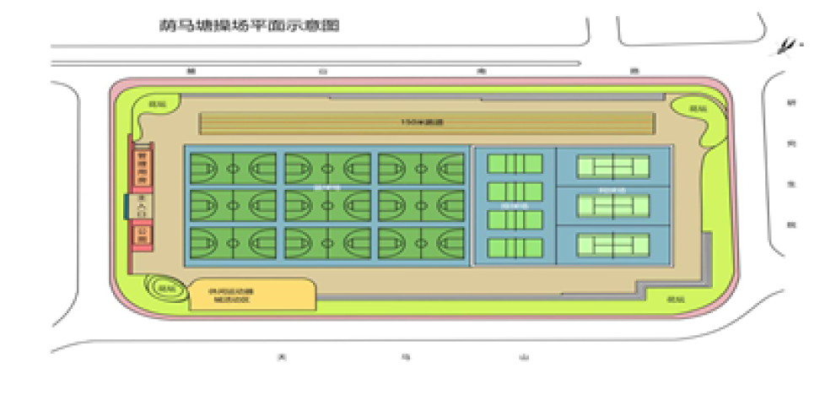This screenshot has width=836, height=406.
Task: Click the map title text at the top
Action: pyautogui.click(x=249, y=26)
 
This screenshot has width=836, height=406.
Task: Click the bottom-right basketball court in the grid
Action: pyautogui.click(x=421, y=242)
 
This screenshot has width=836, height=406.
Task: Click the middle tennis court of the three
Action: pyautogui.click(x=613, y=205)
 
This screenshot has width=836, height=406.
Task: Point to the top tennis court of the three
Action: pyautogui.click(x=613, y=166)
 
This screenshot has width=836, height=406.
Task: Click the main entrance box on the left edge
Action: pyautogui.click(x=141, y=205)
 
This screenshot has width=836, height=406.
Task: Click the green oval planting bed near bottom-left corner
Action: pyautogui.click(x=161, y=287)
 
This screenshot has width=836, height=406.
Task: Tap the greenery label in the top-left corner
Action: pyautogui.click(x=155, y=104)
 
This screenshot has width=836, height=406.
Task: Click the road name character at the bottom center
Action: pyautogui.click(x=405, y=357)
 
